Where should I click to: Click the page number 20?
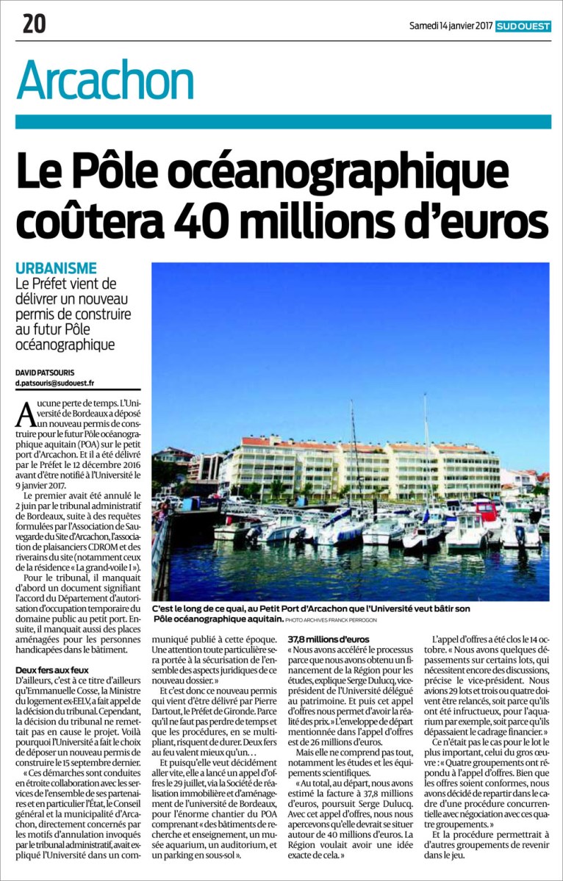tap(34, 24)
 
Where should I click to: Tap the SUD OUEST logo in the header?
tap(523, 26)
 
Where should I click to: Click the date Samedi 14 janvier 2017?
tap(450, 26)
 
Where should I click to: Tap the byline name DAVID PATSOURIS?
tap(43, 373)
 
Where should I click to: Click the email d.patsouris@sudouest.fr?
tap(55, 384)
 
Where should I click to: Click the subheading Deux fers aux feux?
tap(52, 650)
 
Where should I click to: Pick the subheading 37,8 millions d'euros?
tap(329, 639)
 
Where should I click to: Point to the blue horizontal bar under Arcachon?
tap(283, 121)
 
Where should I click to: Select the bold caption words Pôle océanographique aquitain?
tap(218, 620)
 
